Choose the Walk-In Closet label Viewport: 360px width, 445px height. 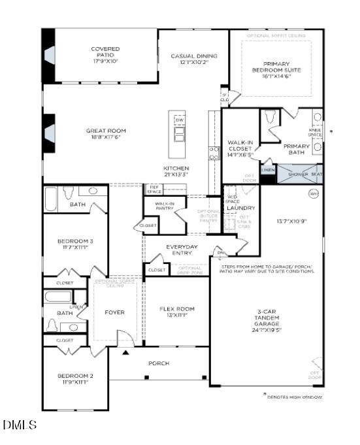click(x=240, y=148)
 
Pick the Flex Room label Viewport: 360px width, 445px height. click(x=177, y=312)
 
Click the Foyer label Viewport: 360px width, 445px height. click(x=114, y=312)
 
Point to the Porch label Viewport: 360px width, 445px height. click(x=159, y=363)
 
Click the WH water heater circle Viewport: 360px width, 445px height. click(x=313, y=193)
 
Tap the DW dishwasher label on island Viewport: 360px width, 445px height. click(x=179, y=120)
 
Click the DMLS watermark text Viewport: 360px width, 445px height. click(x=20, y=425)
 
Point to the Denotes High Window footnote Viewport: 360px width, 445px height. click(x=295, y=397)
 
